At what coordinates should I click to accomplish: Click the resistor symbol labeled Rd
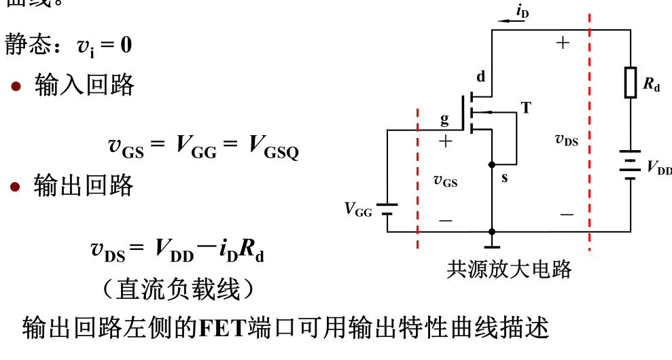point(631,83)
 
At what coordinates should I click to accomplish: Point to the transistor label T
point(526,107)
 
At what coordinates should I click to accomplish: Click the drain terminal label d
point(481,77)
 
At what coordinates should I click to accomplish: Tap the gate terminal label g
point(444,120)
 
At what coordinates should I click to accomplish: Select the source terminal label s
point(504,178)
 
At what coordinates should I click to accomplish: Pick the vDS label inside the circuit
point(566,139)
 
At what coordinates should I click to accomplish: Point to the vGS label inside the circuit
point(445,181)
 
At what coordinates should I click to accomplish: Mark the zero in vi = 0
point(126,46)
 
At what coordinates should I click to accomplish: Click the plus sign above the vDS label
point(563,43)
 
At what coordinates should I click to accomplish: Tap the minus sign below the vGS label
point(446,220)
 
